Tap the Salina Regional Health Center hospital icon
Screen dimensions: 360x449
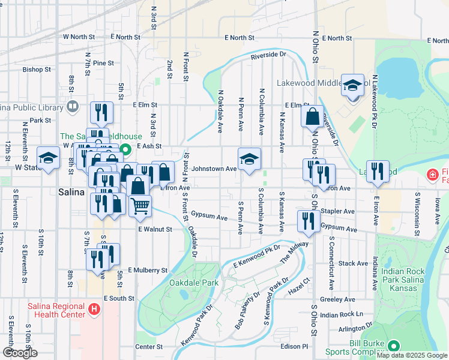tap(94, 310)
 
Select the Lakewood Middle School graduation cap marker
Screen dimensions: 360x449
tap(353, 85)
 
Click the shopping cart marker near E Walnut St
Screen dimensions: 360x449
tap(140, 206)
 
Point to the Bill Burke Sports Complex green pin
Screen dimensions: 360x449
tap(393, 346)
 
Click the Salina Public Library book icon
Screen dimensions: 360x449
tap(73, 107)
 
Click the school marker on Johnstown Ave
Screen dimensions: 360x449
tap(249, 159)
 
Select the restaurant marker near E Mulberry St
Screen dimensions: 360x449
tap(96, 259)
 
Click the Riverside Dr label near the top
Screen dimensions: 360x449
tap(268, 55)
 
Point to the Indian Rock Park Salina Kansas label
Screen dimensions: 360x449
tap(403, 280)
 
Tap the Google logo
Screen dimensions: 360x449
tap(20, 353)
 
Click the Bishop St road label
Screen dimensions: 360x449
tap(34, 70)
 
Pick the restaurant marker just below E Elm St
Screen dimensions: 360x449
tap(101, 112)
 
